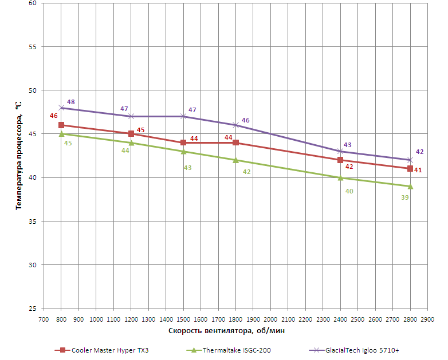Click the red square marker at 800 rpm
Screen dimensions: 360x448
point(61,125)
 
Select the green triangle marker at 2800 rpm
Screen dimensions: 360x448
point(410,186)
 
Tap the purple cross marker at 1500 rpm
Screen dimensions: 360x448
point(183,116)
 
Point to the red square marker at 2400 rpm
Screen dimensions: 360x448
point(340,160)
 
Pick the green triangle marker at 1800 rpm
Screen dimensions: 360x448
point(235,160)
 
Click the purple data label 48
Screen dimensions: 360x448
point(71,102)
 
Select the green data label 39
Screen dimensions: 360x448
point(405,197)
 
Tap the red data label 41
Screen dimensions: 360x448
point(418,170)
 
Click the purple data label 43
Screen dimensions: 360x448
point(347,145)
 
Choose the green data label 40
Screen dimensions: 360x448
point(349,191)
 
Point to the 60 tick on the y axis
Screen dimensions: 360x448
point(32,3)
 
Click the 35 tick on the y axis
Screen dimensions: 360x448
point(32,221)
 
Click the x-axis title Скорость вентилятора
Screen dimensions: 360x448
point(227,331)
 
